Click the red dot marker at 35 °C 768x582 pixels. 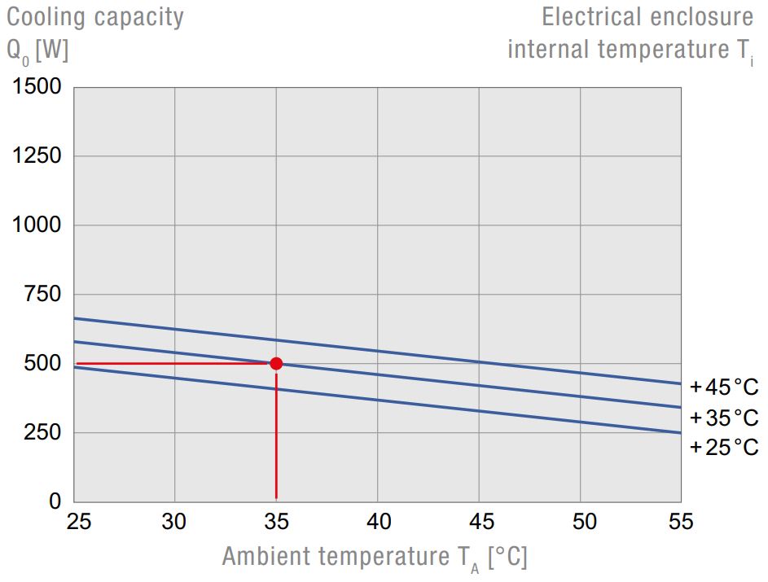pyautogui.click(x=276, y=363)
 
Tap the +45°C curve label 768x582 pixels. pyautogui.click(x=723, y=386)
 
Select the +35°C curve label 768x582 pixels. pyautogui.click(x=723, y=418)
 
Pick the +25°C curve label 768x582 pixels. pyautogui.click(x=723, y=447)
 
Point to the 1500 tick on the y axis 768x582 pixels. pyautogui.click(x=37, y=86)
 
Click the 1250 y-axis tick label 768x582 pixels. pyautogui.click(x=37, y=155)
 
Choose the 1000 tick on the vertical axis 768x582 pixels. pyautogui.click(x=37, y=225)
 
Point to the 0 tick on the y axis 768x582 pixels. pyautogui.click(x=55, y=501)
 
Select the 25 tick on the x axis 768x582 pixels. pyautogui.click(x=79, y=522)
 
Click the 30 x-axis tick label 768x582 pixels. pyautogui.click(x=174, y=522)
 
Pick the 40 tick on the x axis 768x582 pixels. pyautogui.click(x=377, y=522)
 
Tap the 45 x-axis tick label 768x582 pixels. pyautogui.click(x=479, y=522)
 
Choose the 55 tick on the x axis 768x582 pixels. pyautogui.click(x=680, y=522)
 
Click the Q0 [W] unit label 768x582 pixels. pyautogui.click(x=37, y=50)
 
